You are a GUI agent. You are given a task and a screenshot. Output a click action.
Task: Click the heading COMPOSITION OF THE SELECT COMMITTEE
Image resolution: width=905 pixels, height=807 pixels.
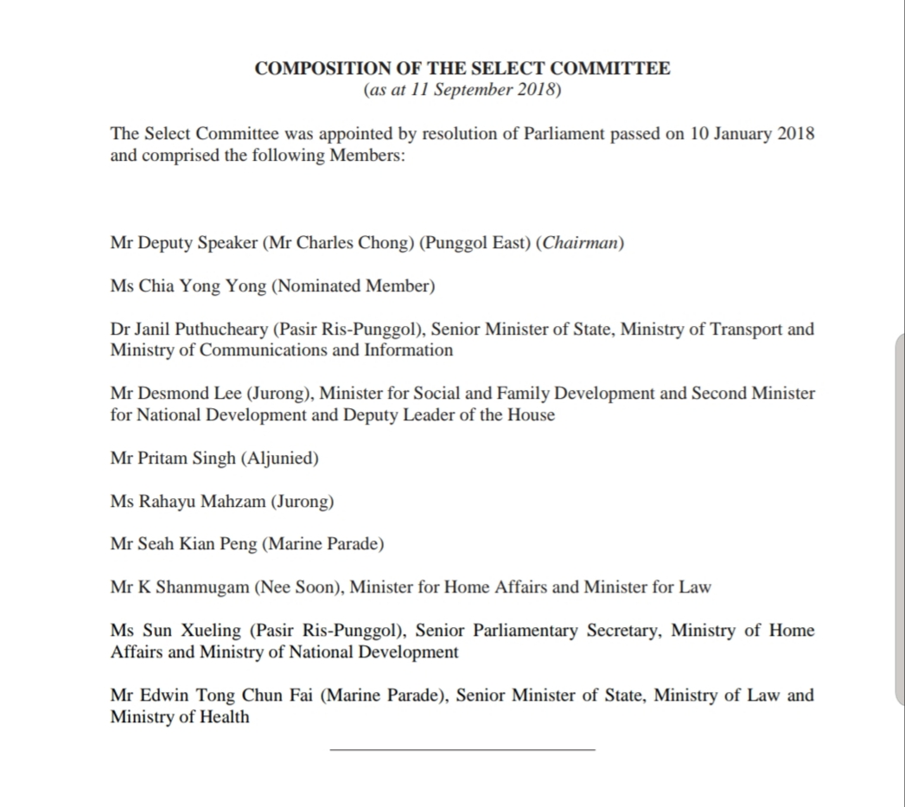[462, 69]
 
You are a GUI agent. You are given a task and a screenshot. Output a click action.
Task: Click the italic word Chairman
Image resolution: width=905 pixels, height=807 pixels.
[579, 243]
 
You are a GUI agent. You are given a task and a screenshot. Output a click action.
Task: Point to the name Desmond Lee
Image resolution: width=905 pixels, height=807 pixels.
[190, 394]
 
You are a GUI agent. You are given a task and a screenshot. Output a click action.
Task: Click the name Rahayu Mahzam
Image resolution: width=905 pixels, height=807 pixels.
[201, 502]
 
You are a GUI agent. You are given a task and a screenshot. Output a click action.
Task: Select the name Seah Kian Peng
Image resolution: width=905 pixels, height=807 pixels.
[196, 545]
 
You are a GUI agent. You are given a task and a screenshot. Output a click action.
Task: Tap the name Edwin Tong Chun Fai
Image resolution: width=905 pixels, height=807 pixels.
[226, 695]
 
